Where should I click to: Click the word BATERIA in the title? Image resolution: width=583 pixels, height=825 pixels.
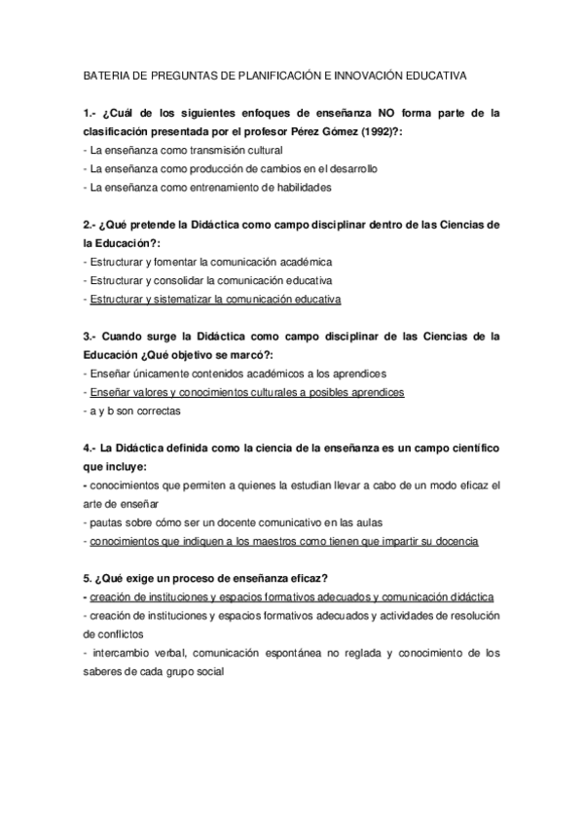pos(107,74)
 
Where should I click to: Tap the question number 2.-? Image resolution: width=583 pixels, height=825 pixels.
pos(91,224)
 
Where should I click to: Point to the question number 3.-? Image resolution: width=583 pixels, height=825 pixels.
pos(91,337)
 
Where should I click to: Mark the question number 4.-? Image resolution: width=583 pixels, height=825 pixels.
pos(91,448)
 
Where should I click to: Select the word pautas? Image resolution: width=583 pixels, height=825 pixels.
pos(106,522)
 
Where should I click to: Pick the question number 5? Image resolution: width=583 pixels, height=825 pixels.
pos(89,579)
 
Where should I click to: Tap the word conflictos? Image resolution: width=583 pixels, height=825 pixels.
pos(107,634)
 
